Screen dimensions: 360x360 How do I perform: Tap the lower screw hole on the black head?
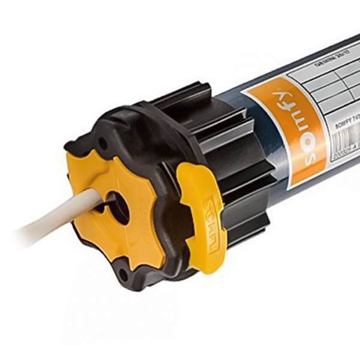123,277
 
